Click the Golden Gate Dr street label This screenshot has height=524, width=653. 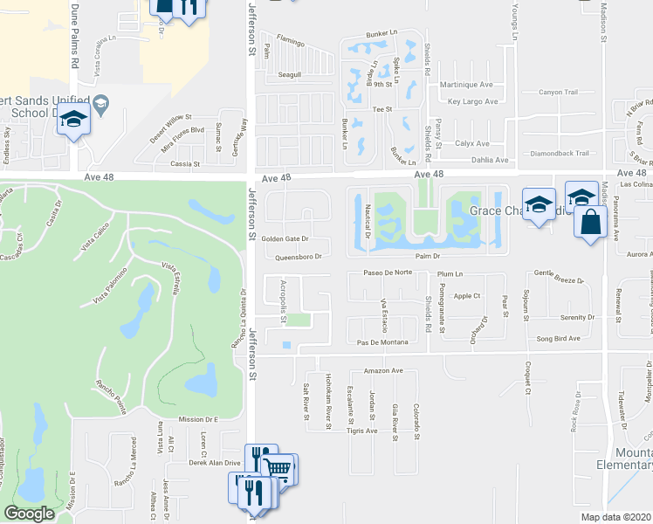[284, 239]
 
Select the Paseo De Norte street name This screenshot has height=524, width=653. [387, 272]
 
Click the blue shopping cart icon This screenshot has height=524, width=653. [278, 468]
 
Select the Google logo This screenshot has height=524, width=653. [29, 514]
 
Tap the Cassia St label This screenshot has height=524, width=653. [185, 163]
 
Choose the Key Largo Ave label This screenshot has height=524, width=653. [472, 102]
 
